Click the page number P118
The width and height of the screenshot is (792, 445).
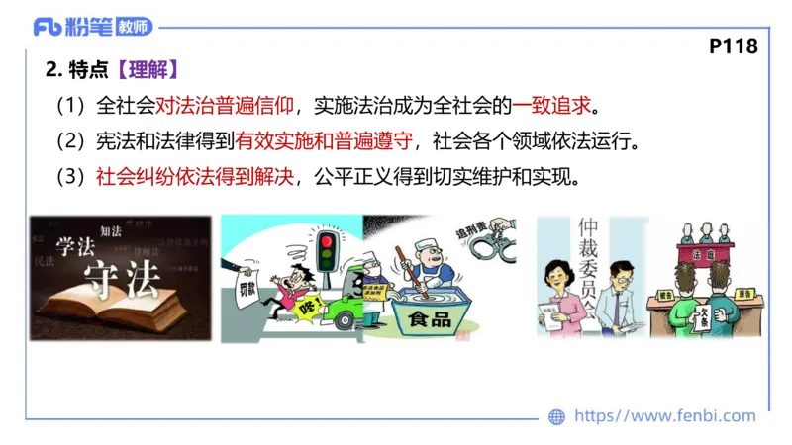(x=734, y=46)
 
